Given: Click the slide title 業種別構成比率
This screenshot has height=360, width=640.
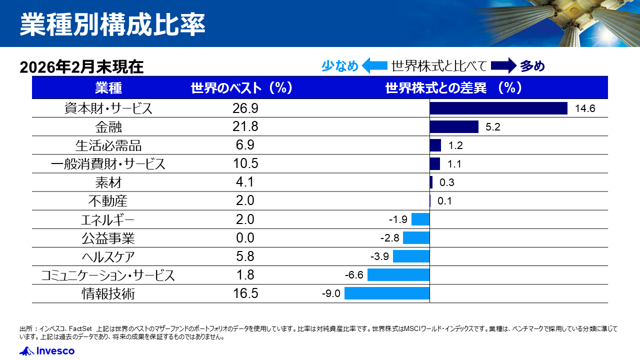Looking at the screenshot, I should (x=112, y=25).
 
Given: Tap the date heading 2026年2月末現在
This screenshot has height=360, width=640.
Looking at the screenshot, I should (x=81, y=67).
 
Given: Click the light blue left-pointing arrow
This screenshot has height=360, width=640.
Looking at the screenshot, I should (x=374, y=66).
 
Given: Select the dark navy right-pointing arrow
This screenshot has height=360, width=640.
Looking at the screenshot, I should (x=503, y=66).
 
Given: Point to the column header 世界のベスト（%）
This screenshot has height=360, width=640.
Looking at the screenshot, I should (x=241, y=88).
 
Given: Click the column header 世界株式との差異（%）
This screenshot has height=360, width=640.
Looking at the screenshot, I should (x=454, y=88).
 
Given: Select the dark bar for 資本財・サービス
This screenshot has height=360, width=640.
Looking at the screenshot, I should (x=498, y=108).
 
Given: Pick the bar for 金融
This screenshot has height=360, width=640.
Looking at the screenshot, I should (x=454, y=126).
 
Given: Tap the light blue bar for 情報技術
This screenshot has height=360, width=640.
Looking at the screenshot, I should (x=387, y=293).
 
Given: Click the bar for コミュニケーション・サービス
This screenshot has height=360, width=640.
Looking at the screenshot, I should (x=398, y=274).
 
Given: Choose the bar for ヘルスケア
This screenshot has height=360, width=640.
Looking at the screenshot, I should (x=411, y=256).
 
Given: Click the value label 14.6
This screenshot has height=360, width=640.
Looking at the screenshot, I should (x=585, y=108).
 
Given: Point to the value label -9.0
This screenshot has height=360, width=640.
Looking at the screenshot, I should (x=331, y=293).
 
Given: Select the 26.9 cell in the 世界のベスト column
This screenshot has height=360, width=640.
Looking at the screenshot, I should (x=245, y=108).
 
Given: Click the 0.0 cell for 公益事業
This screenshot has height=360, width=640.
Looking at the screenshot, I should (x=245, y=238).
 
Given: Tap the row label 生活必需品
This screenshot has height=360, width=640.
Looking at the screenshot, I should (x=108, y=145).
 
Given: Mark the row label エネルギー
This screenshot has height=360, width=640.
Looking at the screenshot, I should (x=108, y=219).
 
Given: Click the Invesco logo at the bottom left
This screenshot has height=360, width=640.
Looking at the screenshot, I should (x=47, y=351).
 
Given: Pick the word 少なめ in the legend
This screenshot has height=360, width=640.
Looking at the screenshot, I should (x=340, y=66).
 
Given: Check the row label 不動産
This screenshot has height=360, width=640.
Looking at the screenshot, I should (x=108, y=201).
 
